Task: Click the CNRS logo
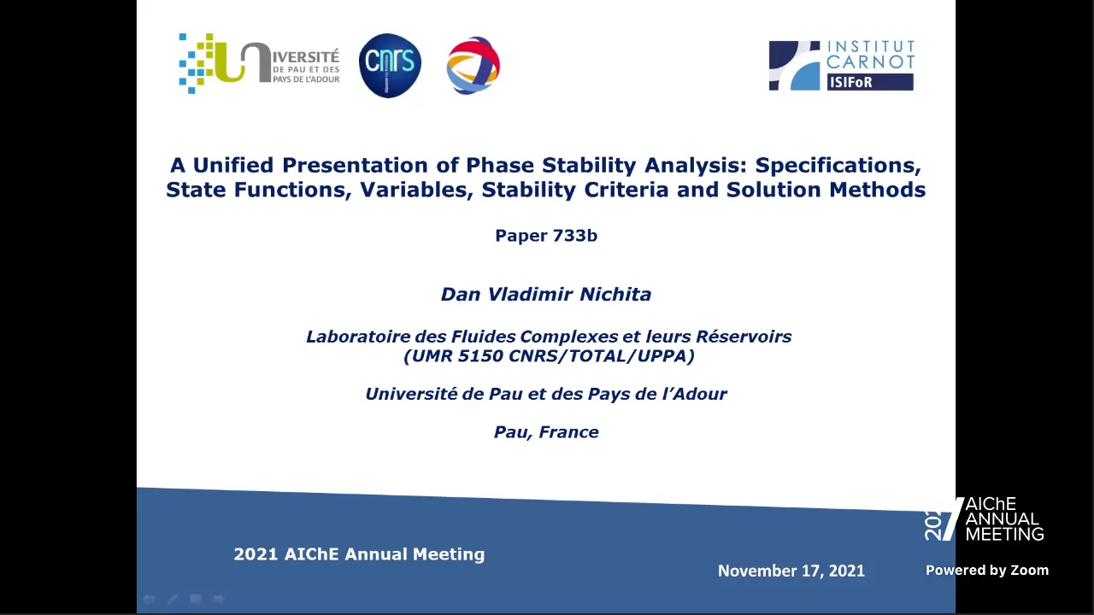point(390,66)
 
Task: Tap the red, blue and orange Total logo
point(473,66)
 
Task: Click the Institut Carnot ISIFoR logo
point(842,66)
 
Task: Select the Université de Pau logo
point(259,63)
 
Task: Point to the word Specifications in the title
point(838,166)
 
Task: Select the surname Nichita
point(615,295)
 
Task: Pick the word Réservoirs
point(744,337)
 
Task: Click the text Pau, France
point(546,432)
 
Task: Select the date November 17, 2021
point(791,571)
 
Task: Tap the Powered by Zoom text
point(987,570)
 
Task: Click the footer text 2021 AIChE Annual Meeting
point(359,554)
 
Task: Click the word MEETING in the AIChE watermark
point(1004,534)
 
